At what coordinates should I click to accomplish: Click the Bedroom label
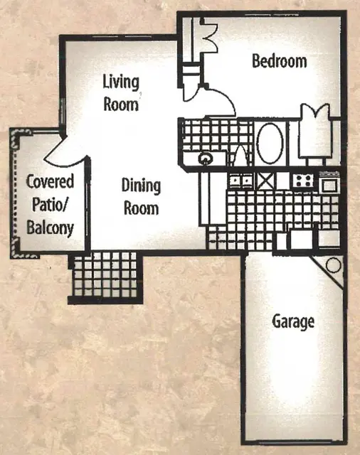tap(280, 62)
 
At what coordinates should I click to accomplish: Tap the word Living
tap(121, 82)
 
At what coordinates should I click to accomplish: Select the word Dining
tap(141, 186)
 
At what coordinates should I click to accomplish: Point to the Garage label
tap(293, 322)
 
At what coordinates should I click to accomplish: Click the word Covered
tap(50, 182)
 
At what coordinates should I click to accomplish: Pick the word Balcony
tap(51, 228)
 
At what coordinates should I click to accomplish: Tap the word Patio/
tap(50, 205)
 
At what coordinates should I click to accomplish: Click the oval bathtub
tap(270, 143)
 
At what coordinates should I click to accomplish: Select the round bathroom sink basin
tap(205, 159)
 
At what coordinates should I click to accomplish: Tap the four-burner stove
tap(303, 181)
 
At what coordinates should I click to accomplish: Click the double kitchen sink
tap(240, 181)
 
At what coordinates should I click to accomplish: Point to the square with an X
tap(266, 181)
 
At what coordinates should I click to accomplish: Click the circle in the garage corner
tap(333, 265)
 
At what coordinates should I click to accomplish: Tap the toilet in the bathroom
tap(240, 156)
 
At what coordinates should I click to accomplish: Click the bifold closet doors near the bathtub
tap(316, 113)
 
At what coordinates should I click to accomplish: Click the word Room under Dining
tap(141, 208)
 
